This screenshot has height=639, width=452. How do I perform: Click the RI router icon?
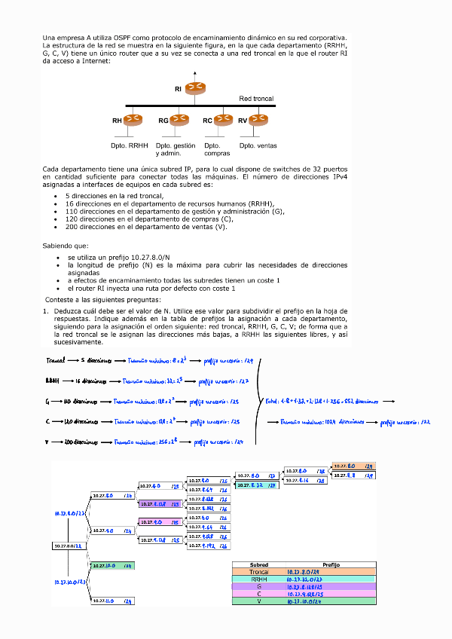194,88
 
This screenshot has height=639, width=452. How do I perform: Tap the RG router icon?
179,119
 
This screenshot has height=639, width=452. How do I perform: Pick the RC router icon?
222,119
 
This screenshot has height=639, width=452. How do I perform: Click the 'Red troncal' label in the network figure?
256,99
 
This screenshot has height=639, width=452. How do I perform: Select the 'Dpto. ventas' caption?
258,145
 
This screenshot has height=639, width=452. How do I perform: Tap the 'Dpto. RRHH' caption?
130,145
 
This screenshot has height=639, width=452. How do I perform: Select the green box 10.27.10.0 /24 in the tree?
111,565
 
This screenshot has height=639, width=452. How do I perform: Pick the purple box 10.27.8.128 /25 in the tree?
160,503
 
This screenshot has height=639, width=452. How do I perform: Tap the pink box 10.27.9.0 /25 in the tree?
160,521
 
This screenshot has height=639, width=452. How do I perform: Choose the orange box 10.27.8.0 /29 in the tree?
353,466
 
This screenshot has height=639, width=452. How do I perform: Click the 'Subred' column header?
258,564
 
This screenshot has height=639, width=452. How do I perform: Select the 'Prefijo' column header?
331,564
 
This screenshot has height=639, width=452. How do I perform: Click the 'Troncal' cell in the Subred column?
258,572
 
